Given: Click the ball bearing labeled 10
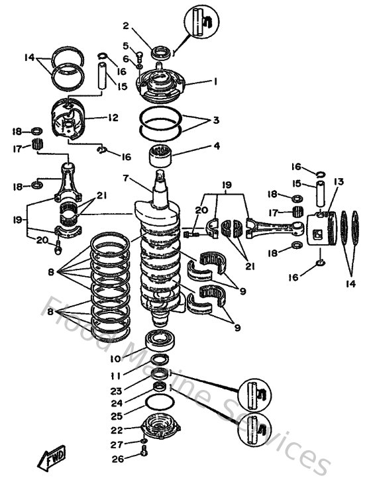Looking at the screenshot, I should [x=159, y=339].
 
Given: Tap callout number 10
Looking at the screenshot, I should [x=115, y=359].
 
